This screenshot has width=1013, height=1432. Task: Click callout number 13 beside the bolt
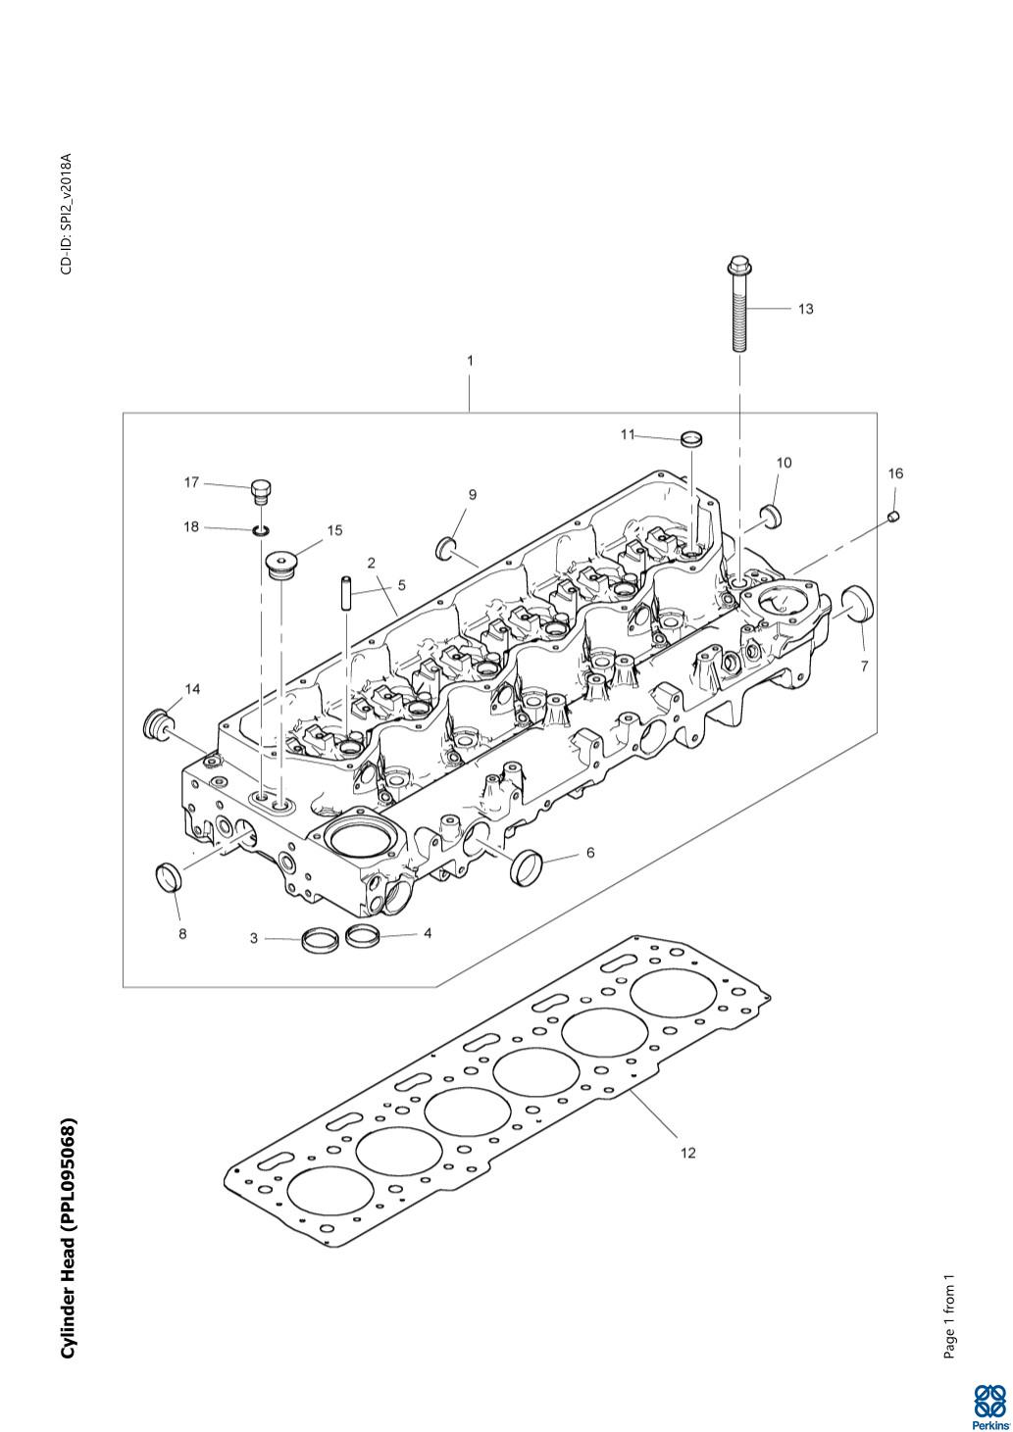click(806, 309)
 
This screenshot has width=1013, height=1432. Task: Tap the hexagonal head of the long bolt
click(739, 265)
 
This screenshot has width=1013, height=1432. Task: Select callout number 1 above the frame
click(470, 361)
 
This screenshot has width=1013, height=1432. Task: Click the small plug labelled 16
click(895, 516)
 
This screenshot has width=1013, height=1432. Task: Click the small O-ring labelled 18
click(260, 530)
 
